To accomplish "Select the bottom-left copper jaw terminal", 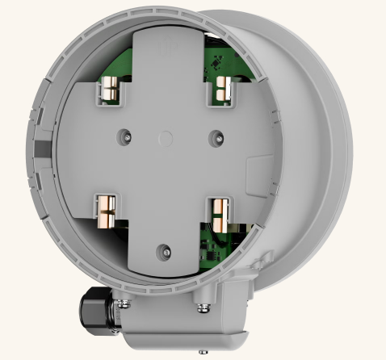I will pyautogui.click(x=106, y=212).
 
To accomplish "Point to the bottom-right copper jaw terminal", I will pyautogui.click(x=218, y=213).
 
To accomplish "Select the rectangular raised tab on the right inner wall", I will pyautogui.click(x=257, y=170).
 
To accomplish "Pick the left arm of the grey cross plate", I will pyautogui.click(x=89, y=153).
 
